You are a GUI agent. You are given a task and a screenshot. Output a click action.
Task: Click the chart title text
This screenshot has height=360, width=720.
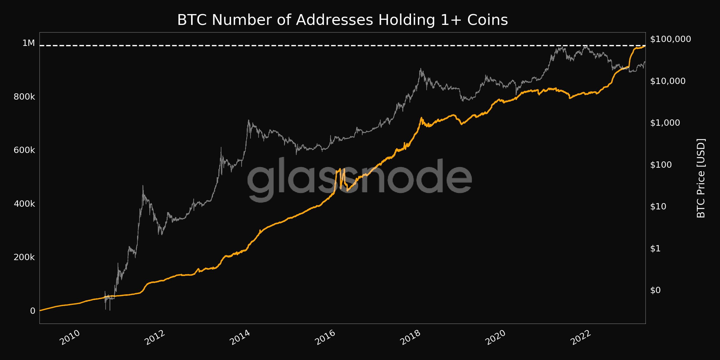click(342, 20)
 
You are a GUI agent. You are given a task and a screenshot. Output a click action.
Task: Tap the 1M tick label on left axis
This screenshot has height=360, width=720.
click(28, 43)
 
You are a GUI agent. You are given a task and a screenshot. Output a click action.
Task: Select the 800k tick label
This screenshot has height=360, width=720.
click(24, 97)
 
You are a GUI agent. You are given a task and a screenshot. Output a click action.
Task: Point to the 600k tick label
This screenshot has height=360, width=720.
click(24, 150)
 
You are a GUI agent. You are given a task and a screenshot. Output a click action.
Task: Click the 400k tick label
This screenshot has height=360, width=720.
click(24, 204)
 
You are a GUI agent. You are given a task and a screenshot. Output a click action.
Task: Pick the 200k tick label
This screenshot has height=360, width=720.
click(24, 257)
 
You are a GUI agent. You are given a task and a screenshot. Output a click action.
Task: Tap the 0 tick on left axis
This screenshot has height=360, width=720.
click(32, 311)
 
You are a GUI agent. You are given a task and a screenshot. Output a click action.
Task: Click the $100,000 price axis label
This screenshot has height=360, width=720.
click(670, 39)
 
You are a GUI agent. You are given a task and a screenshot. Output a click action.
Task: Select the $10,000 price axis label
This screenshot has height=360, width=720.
click(667, 81)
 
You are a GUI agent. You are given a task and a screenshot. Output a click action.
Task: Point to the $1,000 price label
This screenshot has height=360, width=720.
click(665, 123)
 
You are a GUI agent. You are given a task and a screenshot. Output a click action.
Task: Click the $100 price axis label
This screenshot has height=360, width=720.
click(661, 165)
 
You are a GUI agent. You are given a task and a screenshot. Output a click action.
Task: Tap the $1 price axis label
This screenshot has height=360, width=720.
click(655, 248)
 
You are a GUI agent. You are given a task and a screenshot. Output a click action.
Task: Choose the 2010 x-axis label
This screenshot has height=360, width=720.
click(70, 337)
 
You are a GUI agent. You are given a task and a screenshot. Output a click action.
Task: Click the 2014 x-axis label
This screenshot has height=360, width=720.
click(240, 337)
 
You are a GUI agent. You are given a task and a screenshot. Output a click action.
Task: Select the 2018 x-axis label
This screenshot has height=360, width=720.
click(410, 337)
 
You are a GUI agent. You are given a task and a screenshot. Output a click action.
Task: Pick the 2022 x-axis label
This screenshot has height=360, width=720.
click(580, 337)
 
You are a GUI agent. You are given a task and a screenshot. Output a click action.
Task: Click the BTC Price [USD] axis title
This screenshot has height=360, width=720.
click(701, 178)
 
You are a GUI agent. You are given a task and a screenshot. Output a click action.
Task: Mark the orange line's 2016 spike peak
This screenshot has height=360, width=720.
click(340, 169)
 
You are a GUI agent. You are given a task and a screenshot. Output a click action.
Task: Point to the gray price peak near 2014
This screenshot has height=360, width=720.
click(248, 121)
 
